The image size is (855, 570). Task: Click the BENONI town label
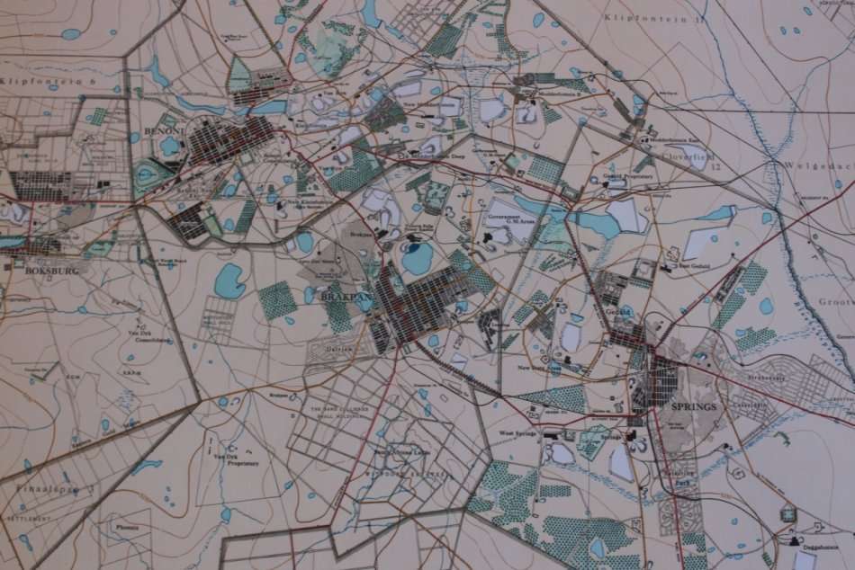pyautogui.click(x=163, y=131)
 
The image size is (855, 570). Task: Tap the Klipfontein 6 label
pyautogui.click(x=37, y=81)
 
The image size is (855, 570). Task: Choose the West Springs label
pyautogui.click(x=517, y=433)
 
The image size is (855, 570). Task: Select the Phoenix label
pyautogui.click(x=127, y=528)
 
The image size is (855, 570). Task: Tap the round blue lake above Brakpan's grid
pyautogui.click(x=417, y=259)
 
